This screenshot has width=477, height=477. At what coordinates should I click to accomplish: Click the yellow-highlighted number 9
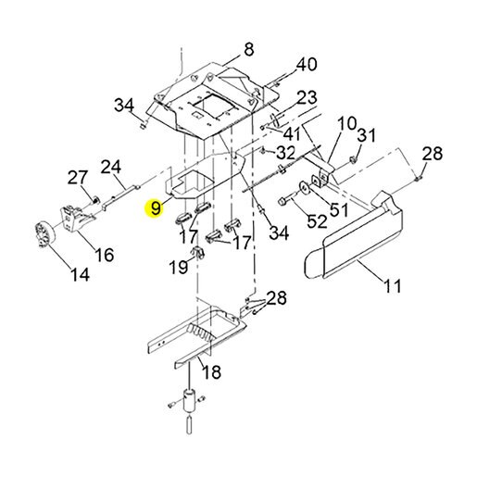156,207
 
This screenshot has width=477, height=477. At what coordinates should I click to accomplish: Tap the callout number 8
248,49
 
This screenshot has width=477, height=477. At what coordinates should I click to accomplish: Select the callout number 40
307,64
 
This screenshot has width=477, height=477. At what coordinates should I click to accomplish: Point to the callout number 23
307,97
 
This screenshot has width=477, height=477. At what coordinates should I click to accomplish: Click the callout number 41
292,134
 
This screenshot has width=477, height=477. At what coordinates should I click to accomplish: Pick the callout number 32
285,153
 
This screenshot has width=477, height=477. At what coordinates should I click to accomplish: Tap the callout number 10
346,123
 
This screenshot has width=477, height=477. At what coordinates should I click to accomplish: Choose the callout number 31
367,135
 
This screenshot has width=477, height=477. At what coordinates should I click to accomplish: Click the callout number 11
393,285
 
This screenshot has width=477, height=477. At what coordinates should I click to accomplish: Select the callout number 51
339,210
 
